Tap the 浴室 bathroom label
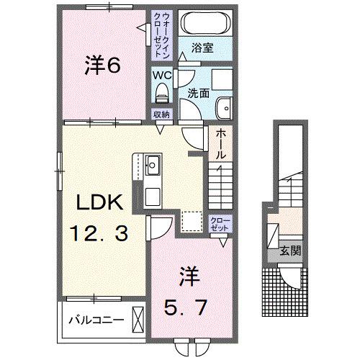pos(202,48)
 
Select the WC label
pos(161,73)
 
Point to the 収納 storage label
pos(161,114)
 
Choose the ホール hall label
pos(220,144)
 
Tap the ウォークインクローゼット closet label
pos(161,35)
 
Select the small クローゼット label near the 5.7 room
pos(219,222)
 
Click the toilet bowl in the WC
pos(161,92)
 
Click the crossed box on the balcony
pos(138,318)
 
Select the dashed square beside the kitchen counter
pos(192,220)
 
